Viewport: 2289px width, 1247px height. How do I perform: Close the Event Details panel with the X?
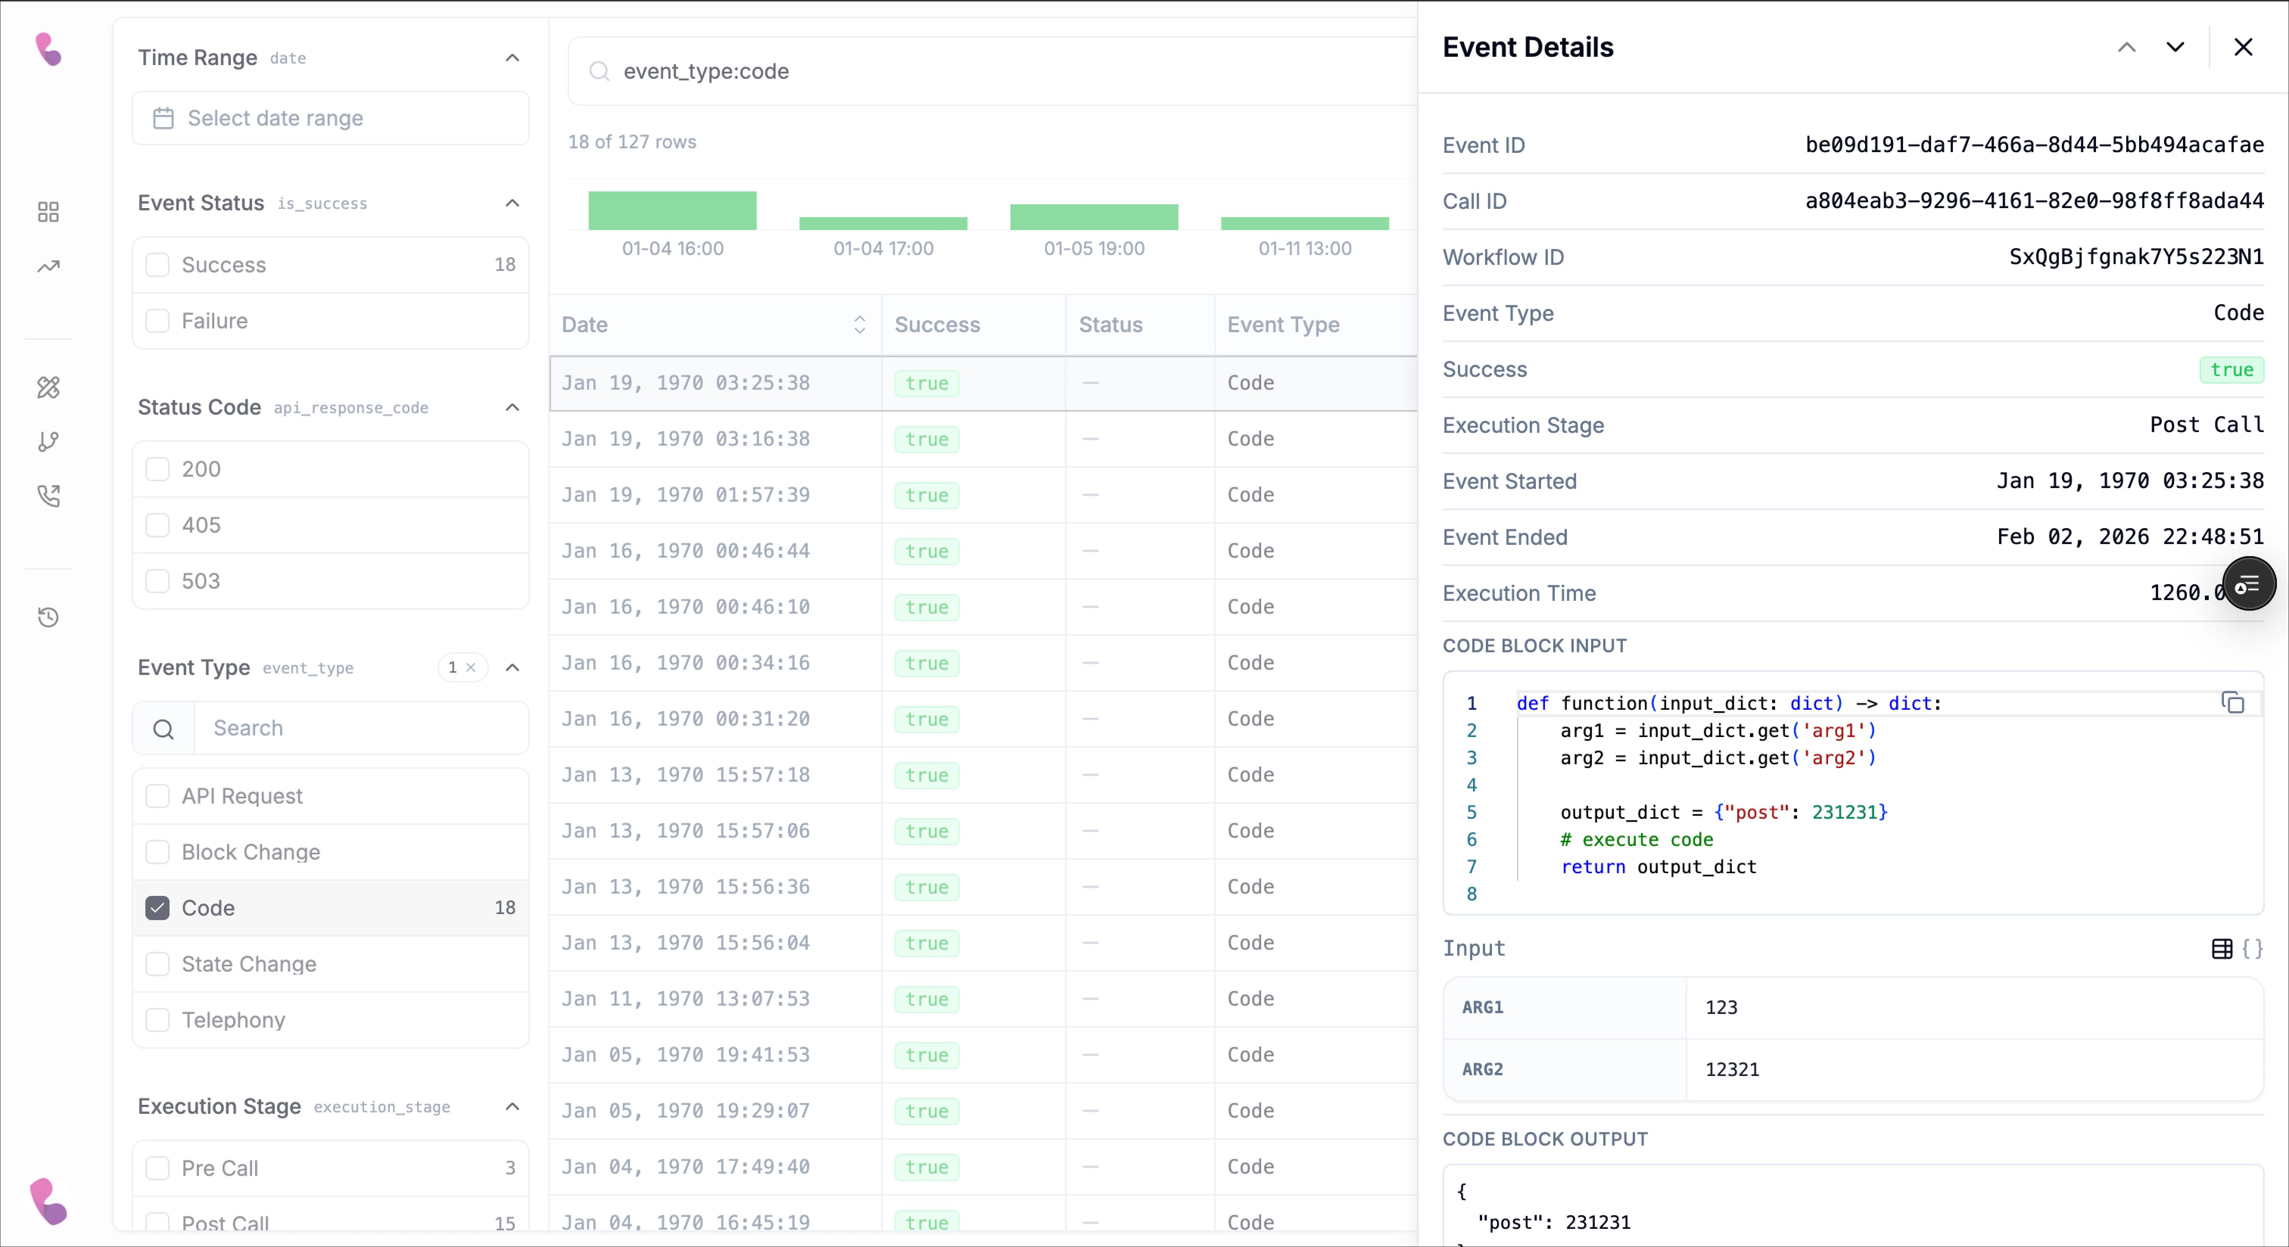(2243, 47)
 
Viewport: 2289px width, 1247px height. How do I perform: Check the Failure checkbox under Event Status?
(157, 320)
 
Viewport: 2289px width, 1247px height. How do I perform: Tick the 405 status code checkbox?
(157, 525)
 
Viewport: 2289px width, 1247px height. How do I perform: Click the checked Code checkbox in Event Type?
(157, 908)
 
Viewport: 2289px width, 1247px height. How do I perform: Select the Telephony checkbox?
(157, 1020)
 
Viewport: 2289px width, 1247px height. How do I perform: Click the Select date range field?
(330, 118)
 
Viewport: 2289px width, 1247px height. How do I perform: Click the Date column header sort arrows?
(859, 324)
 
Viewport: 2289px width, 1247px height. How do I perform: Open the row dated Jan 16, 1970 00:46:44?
(685, 550)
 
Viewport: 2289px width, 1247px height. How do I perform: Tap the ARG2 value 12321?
(1732, 1069)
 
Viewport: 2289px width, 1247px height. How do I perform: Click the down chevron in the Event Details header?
(2174, 47)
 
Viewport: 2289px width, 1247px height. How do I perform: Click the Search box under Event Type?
(360, 728)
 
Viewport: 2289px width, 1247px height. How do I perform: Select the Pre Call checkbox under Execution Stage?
(157, 1168)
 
